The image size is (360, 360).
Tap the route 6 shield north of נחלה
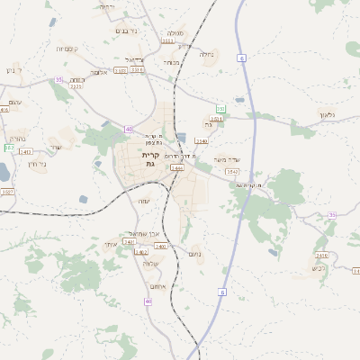click(x=242, y=58)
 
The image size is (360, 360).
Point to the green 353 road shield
click(x=220, y=109)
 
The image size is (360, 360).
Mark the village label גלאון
click(x=326, y=114)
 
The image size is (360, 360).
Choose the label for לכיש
click(x=317, y=267)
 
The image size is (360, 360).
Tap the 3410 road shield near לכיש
click(x=322, y=256)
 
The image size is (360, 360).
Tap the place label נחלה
click(x=206, y=54)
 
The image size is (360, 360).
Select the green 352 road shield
click(x=9, y=147)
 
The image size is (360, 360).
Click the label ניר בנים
click(x=127, y=30)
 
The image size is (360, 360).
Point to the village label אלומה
click(x=99, y=71)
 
